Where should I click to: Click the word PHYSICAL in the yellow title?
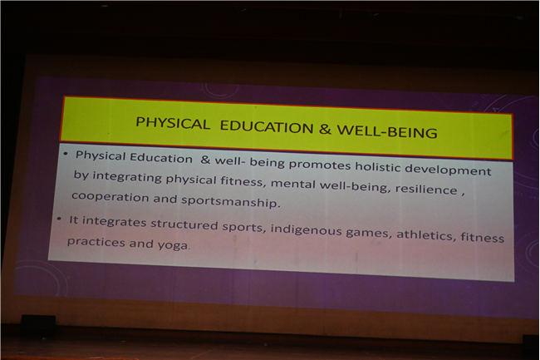[173, 123]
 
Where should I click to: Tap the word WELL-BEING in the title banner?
[387, 131]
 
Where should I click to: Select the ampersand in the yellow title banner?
[325, 129]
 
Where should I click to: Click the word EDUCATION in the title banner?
[267, 126]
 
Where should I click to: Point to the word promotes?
[320, 165]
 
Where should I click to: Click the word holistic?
[378, 167]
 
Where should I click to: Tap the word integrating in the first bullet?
[127, 177]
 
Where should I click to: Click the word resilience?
[426, 189]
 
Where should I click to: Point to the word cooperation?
[110, 197]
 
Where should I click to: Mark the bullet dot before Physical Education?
[66, 154]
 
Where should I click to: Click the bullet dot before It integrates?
[60, 219]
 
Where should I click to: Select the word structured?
[184, 224]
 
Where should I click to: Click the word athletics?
[425, 234]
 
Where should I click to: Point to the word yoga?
[174, 245]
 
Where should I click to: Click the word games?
[367, 233]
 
